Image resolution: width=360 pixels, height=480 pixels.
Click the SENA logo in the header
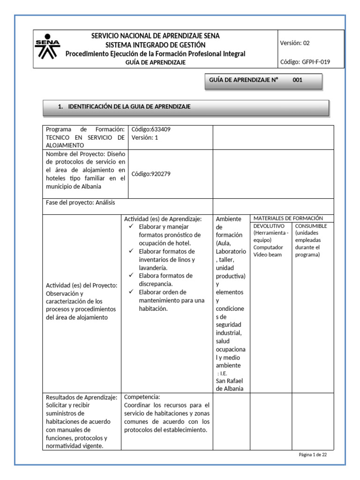coord(48,48)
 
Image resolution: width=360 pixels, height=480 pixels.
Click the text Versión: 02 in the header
coord(295,43)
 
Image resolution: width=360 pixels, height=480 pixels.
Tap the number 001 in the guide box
coord(298,80)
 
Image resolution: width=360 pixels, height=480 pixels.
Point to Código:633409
coord(148,129)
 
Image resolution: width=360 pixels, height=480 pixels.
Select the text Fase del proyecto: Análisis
coord(80,202)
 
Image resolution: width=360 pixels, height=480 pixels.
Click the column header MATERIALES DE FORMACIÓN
coord(288,218)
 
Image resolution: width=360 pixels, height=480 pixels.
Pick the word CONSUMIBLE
coord(311,226)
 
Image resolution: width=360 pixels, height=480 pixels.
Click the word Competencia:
coord(142,397)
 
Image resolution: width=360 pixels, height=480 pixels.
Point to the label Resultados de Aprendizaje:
coord(81,397)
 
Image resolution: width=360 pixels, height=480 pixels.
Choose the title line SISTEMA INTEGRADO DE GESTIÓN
coord(155,45)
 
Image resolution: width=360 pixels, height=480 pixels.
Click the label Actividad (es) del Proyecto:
coord(81,285)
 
